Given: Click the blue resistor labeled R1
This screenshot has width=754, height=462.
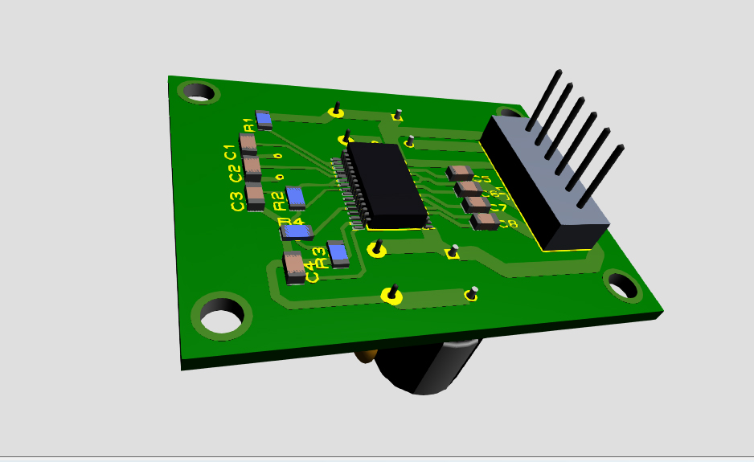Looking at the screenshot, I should (264, 120).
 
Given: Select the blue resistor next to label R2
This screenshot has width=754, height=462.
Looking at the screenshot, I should (296, 196).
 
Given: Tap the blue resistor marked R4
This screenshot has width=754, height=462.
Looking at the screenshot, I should (296, 232).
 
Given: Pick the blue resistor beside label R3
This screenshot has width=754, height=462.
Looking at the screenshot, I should (338, 254).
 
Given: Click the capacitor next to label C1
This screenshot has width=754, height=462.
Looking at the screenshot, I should (248, 144).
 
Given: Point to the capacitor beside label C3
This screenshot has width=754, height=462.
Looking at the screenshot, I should (255, 195).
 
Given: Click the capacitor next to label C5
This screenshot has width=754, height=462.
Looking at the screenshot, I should (460, 173).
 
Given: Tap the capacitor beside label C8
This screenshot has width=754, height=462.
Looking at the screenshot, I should (483, 221).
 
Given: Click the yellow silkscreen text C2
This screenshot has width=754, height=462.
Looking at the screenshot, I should (234, 172).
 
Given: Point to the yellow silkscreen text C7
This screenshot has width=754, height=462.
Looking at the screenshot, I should (498, 208).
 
